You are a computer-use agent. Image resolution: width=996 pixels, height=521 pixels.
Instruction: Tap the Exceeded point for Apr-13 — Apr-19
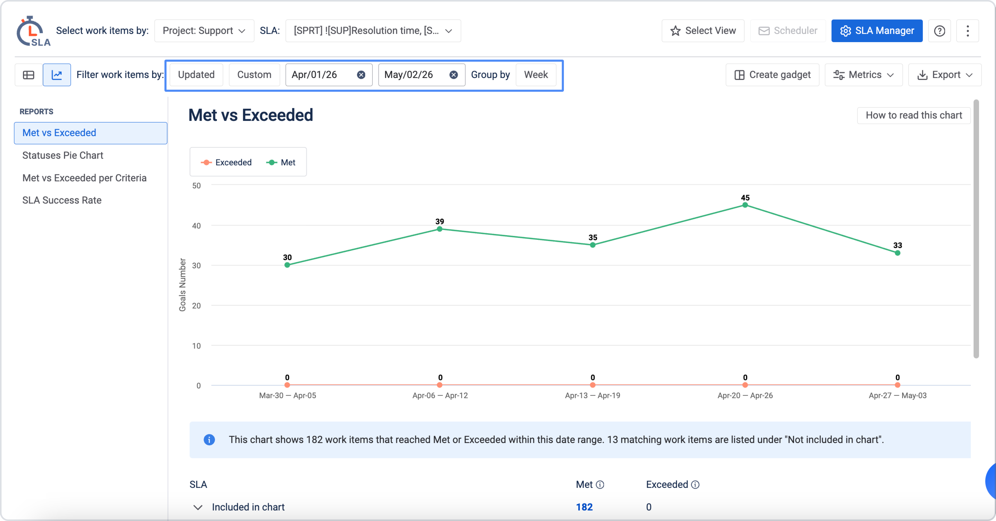tap(593, 385)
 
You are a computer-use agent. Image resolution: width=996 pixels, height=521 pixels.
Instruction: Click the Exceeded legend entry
tap(226, 162)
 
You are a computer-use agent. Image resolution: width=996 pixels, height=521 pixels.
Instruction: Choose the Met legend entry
tap(281, 162)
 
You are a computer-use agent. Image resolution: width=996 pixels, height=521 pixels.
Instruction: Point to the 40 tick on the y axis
tap(196, 226)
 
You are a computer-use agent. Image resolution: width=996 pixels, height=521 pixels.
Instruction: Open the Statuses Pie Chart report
tap(63, 155)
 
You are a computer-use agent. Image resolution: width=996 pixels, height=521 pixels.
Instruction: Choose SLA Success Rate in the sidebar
tap(62, 200)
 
